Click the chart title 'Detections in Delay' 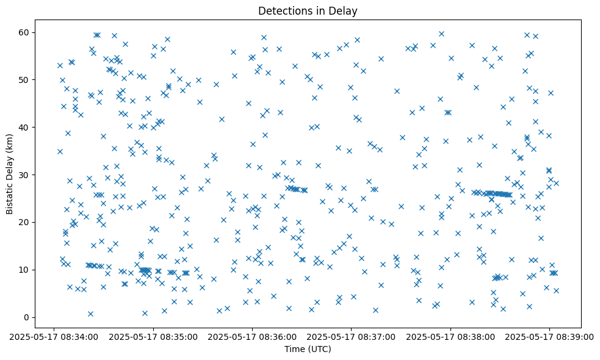click(x=308, y=11)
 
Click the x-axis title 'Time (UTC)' click(x=308, y=349)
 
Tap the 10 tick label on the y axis click(x=25, y=270)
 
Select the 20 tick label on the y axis click(x=25, y=222)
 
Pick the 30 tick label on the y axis click(x=25, y=175)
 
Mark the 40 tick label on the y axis click(x=25, y=127)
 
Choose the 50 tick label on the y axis click(x=25, y=79)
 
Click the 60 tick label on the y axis click(x=25, y=32)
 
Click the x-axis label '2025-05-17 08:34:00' click(x=54, y=336)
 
